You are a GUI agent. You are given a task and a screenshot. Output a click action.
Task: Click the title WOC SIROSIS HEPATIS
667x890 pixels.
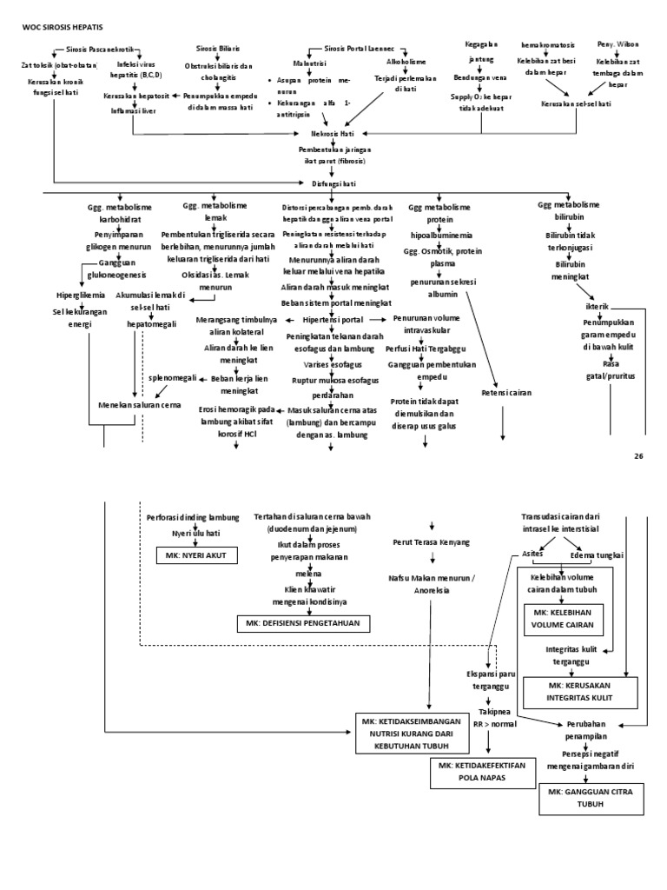(55, 28)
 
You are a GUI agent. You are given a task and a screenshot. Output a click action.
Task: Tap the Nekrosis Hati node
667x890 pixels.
(334, 135)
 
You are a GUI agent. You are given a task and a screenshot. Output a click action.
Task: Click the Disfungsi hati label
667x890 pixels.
(333, 183)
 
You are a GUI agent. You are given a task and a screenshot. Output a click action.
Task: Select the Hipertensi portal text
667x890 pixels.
(334, 320)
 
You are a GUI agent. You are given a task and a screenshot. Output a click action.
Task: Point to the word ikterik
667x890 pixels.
(600, 306)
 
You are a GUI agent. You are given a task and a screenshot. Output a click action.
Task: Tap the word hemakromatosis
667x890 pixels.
(546, 43)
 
